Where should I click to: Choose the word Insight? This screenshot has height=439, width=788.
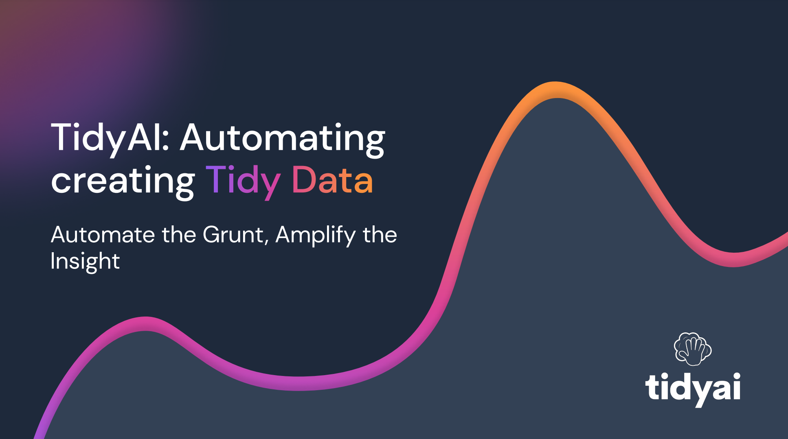coord(85,261)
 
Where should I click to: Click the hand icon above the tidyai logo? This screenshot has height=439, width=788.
coord(693,349)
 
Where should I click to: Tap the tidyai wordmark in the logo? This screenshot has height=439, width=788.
coord(693,389)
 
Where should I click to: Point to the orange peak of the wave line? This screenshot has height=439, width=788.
coord(556,90)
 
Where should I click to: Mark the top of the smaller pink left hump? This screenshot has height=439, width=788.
coord(145,324)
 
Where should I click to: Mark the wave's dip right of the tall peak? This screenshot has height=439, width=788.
coord(733,260)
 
